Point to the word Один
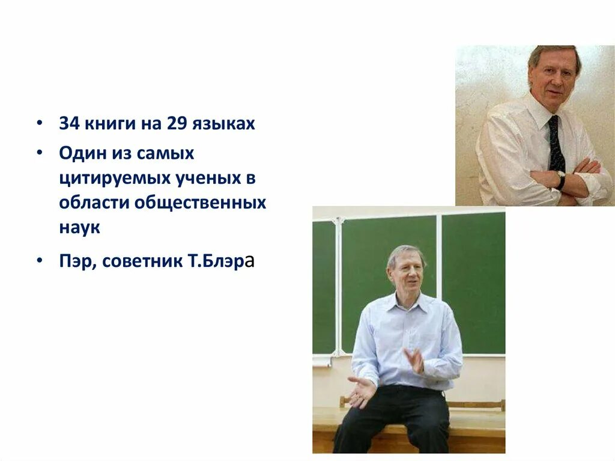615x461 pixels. point(82,153)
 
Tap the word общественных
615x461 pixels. point(200,203)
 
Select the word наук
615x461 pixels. point(79,228)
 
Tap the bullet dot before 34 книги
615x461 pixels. point(39,124)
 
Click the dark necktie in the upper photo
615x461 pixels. point(556,144)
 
